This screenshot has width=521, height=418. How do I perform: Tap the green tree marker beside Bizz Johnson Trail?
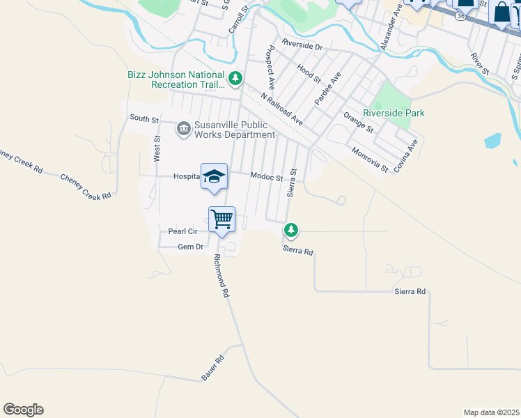click(x=236, y=79)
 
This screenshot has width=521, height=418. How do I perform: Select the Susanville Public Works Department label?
click(x=235, y=130)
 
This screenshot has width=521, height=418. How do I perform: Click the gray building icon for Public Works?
click(x=184, y=127)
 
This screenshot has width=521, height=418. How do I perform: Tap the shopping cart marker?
click(x=221, y=220)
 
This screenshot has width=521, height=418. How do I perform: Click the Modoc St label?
click(x=267, y=178)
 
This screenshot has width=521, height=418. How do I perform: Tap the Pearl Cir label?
click(x=185, y=231)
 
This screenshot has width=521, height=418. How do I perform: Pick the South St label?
click(x=143, y=118)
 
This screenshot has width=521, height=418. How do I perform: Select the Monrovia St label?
click(x=370, y=160)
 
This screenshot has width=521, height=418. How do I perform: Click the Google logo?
click(x=23, y=410)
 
